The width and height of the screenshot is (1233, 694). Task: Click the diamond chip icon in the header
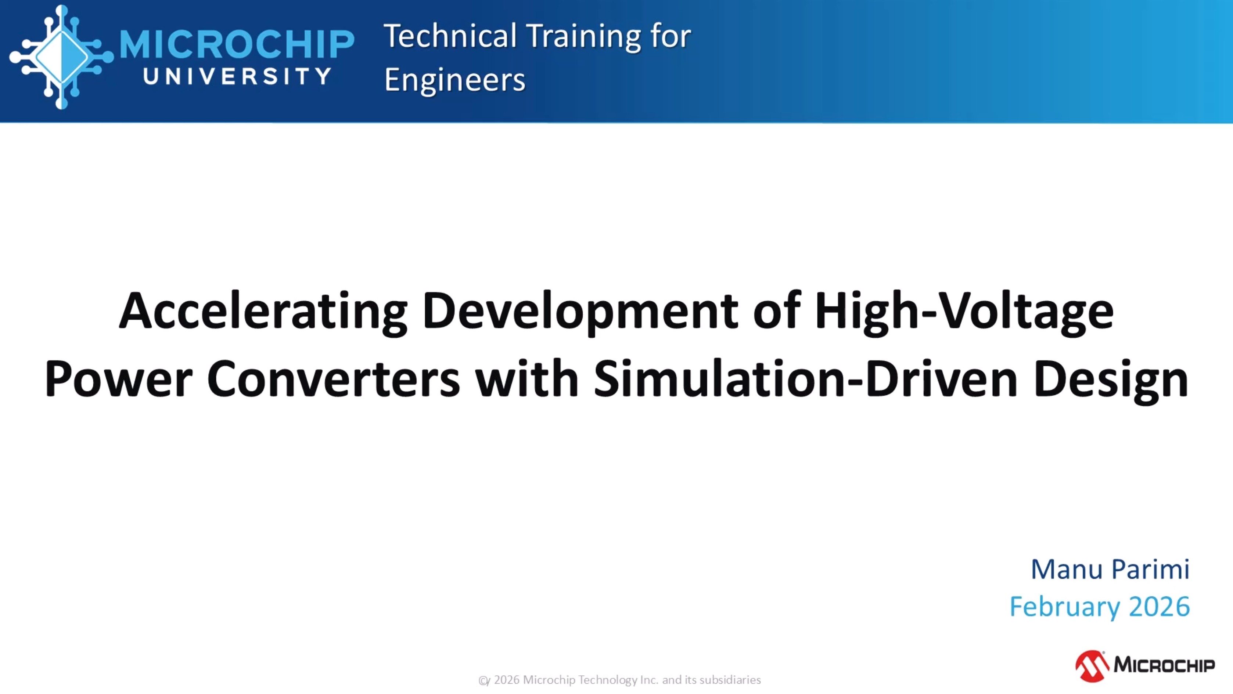[x=62, y=57]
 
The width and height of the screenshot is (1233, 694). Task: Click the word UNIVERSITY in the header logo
[x=237, y=76]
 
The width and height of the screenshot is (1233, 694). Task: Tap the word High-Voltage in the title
[x=964, y=311]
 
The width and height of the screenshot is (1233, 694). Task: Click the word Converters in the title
[x=334, y=379]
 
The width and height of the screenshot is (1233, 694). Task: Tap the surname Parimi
[x=1150, y=570]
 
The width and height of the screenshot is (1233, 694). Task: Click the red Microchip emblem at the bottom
[x=1092, y=666]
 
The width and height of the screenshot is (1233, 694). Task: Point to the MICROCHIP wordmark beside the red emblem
[x=1164, y=665]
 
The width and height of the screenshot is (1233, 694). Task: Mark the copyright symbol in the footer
[x=484, y=680]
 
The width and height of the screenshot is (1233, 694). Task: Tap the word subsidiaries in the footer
[x=730, y=680]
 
